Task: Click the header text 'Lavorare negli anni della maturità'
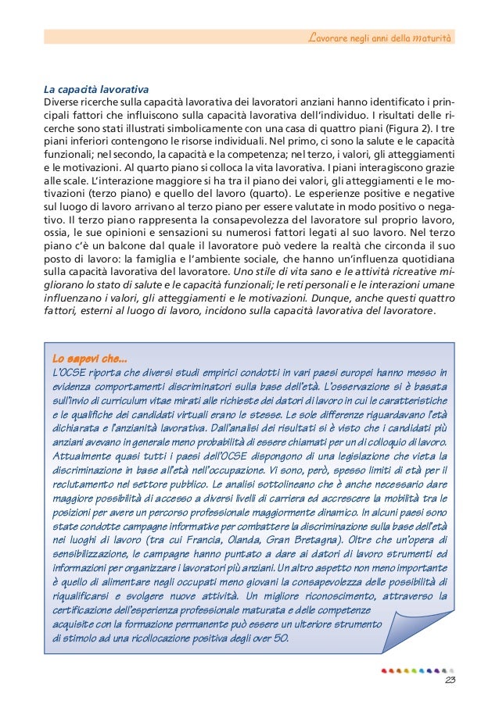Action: tap(381, 37)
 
